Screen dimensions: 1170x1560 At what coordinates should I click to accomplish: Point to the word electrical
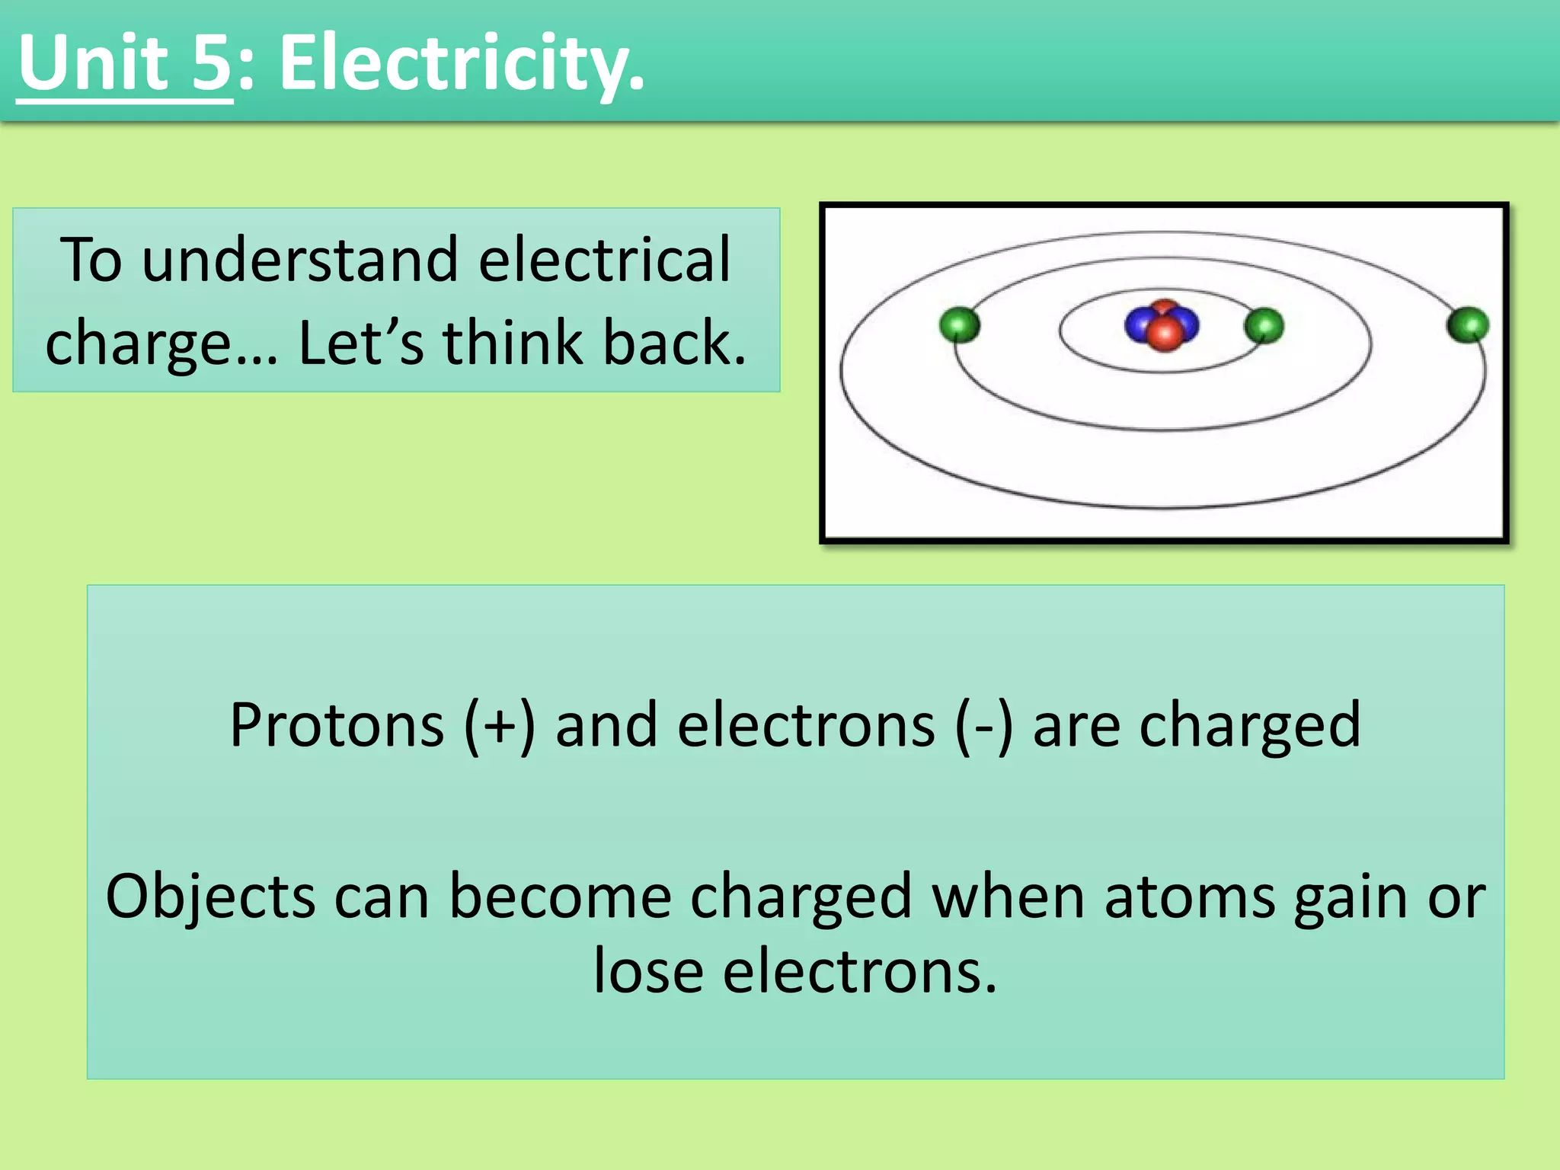[x=604, y=261]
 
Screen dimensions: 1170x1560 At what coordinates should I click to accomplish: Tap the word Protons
[x=337, y=725]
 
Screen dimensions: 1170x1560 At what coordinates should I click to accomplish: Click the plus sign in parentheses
[x=500, y=725]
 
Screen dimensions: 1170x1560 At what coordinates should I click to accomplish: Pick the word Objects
[x=210, y=897]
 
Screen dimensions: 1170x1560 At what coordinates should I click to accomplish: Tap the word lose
[x=649, y=972]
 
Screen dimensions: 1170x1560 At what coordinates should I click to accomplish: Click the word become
[x=560, y=897]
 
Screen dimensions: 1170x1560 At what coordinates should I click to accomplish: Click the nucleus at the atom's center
[x=1162, y=326]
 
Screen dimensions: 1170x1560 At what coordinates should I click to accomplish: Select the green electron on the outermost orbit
[x=1468, y=325]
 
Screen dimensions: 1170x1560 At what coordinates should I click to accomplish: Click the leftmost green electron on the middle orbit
[x=959, y=325]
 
